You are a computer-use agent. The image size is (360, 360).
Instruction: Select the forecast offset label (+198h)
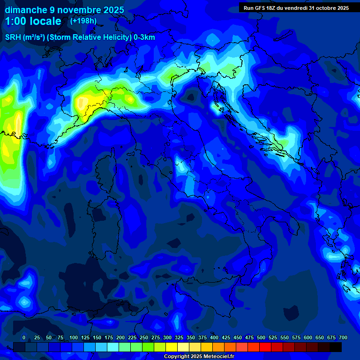pos(83,21)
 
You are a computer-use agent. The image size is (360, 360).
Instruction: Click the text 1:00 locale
pos(33,21)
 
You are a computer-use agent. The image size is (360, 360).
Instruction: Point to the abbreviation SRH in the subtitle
pos(13,37)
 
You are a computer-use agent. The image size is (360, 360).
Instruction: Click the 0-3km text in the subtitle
pos(144,37)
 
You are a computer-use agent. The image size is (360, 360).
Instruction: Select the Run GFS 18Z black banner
pos(296,8)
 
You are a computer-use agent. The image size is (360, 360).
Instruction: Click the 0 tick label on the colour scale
pos(24,337)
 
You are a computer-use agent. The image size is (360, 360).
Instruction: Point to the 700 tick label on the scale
pos(343,337)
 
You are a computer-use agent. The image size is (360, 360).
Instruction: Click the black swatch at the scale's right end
pos(336,347)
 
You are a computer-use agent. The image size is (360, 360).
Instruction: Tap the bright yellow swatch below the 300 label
pos(172,347)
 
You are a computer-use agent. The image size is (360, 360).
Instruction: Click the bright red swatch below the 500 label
pos(265,347)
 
